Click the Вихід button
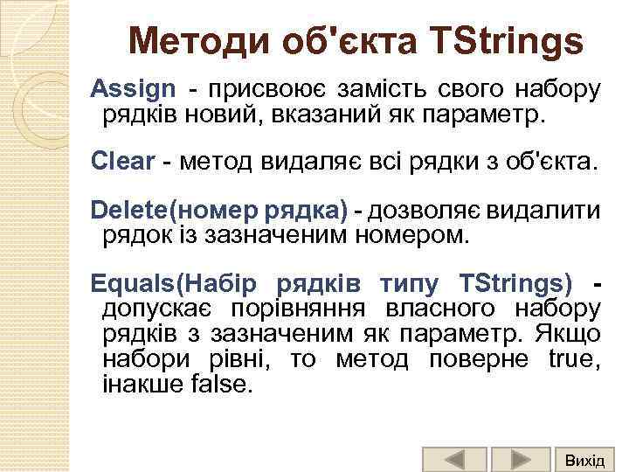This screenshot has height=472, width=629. [584, 459]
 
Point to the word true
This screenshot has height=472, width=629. [572, 359]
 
